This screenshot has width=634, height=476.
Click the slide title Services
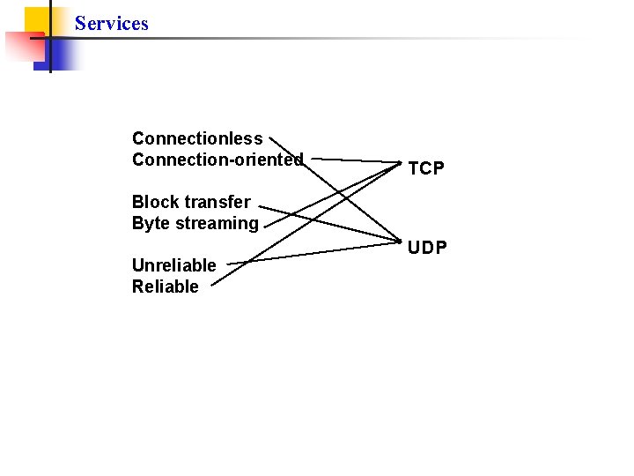click(112, 24)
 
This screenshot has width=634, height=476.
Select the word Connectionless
click(197, 138)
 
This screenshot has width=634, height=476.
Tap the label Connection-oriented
click(217, 160)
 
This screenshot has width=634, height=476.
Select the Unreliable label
click(173, 265)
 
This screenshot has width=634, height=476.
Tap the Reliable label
click(166, 286)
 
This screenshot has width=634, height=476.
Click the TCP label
click(427, 168)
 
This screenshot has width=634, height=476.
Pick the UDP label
click(428, 248)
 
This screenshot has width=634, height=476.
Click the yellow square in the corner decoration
click(35, 18)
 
